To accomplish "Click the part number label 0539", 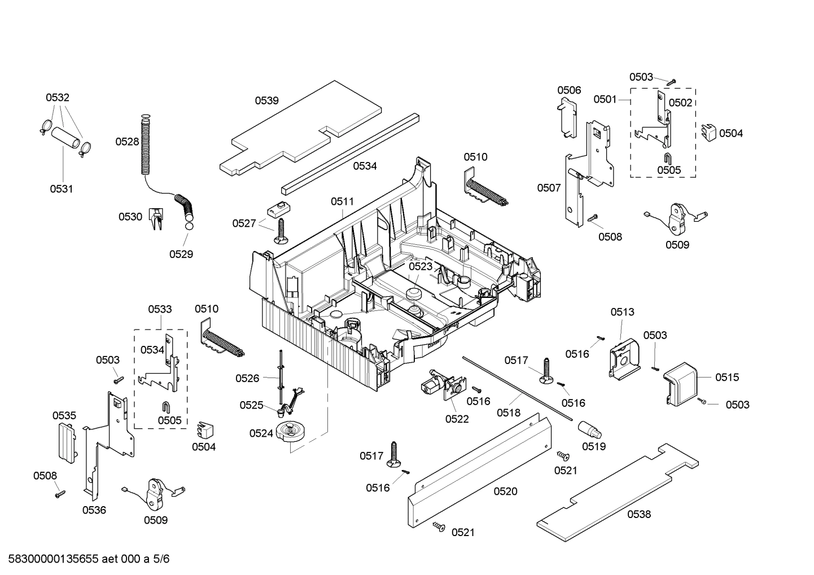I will [266, 101].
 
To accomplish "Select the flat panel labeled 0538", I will [615, 491].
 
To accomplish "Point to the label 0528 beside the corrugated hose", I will [127, 142].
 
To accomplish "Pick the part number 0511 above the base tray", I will [342, 201].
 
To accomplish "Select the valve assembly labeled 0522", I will [440, 387].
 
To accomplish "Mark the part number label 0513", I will [622, 312].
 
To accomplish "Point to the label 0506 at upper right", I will [569, 90].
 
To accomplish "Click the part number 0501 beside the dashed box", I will [605, 99].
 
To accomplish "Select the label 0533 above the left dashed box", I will [160, 309].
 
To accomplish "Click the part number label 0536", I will [94, 510].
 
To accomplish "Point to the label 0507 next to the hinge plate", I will [549, 188].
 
